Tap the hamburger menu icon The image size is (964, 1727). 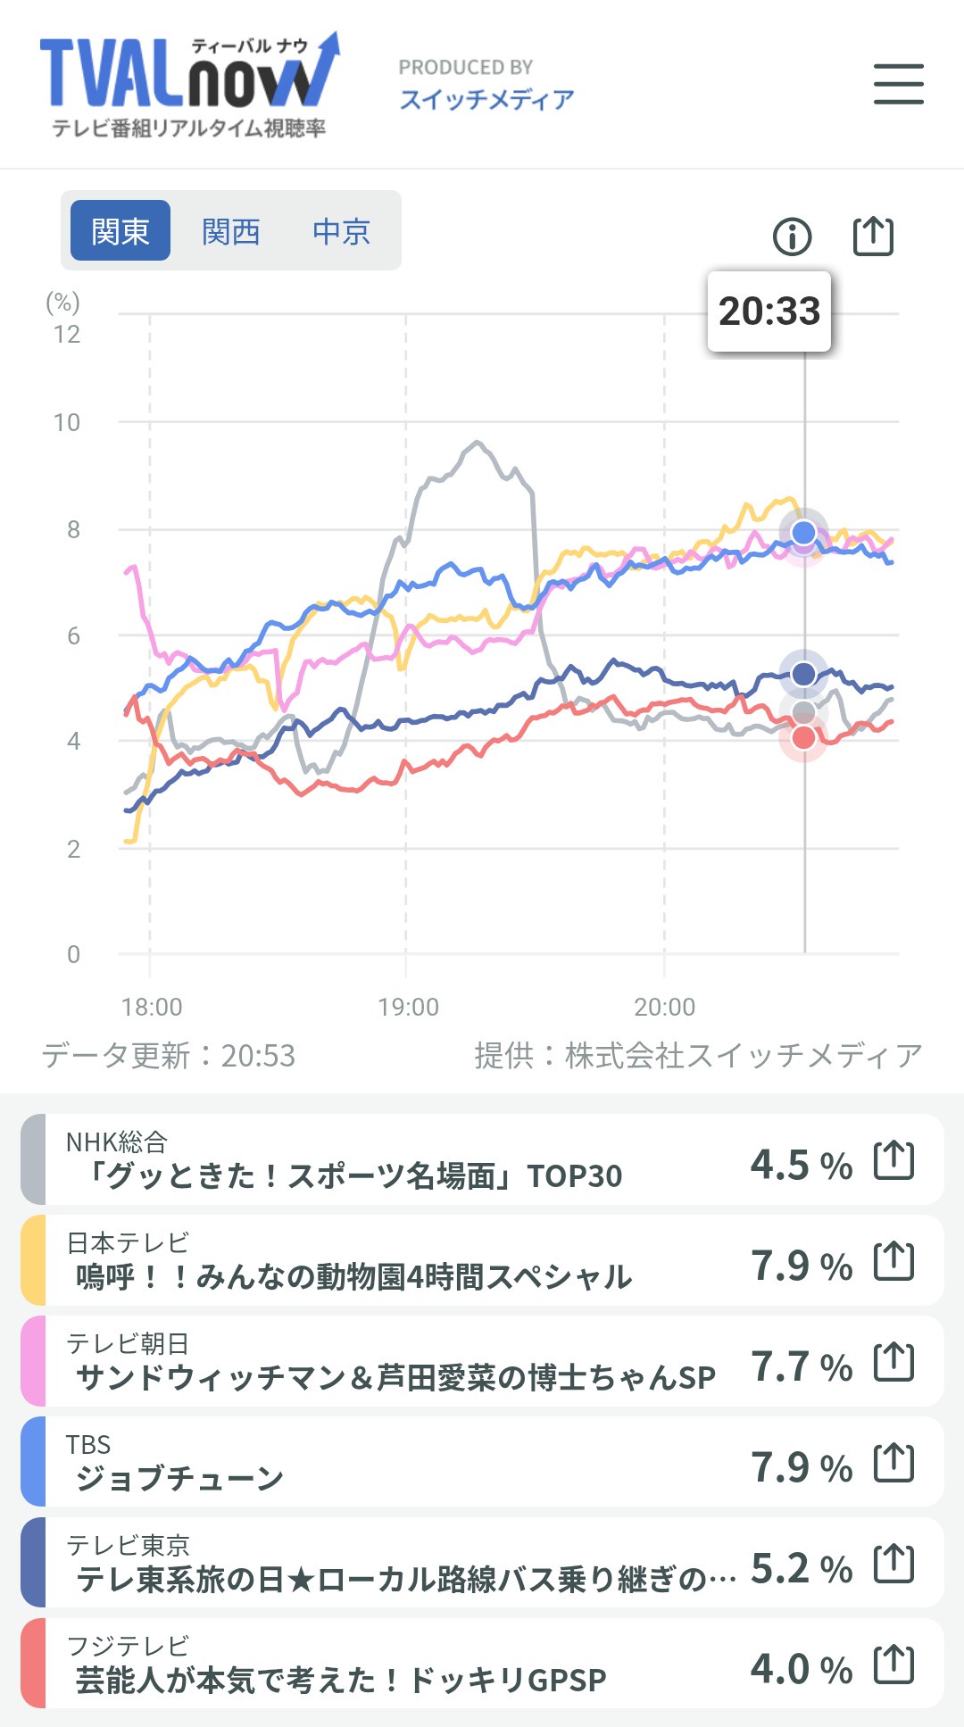(898, 84)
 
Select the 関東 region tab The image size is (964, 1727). (120, 231)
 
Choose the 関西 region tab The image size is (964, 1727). (230, 231)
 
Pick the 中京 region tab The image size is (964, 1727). (341, 231)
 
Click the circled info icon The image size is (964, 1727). (792, 237)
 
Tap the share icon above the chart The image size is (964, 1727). (873, 237)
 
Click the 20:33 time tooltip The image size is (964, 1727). (769, 311)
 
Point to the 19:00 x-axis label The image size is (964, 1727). (408, 1007)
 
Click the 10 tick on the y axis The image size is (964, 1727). (67, 422)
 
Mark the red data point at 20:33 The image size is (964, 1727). (803, 738)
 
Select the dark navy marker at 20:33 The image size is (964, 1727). (803, 673)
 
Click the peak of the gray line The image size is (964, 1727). (478, 442)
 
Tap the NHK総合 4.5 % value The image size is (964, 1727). (801, 1165)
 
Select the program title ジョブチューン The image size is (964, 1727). (179, 1479)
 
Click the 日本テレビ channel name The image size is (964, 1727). (128, 1241)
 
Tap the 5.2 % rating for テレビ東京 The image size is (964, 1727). (801, 1568)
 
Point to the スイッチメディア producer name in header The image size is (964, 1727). (486, 99)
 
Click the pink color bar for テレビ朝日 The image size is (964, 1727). (33, 1361)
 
